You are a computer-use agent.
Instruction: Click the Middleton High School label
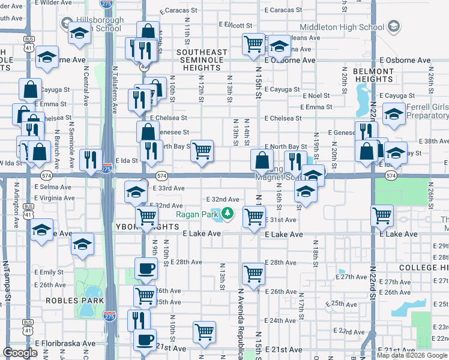346,27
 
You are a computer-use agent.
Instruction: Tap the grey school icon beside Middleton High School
393,26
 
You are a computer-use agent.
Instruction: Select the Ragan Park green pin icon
228,214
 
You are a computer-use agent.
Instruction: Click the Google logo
20,353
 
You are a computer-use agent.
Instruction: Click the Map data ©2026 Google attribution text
412,355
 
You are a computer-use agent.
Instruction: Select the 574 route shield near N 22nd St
391,176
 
